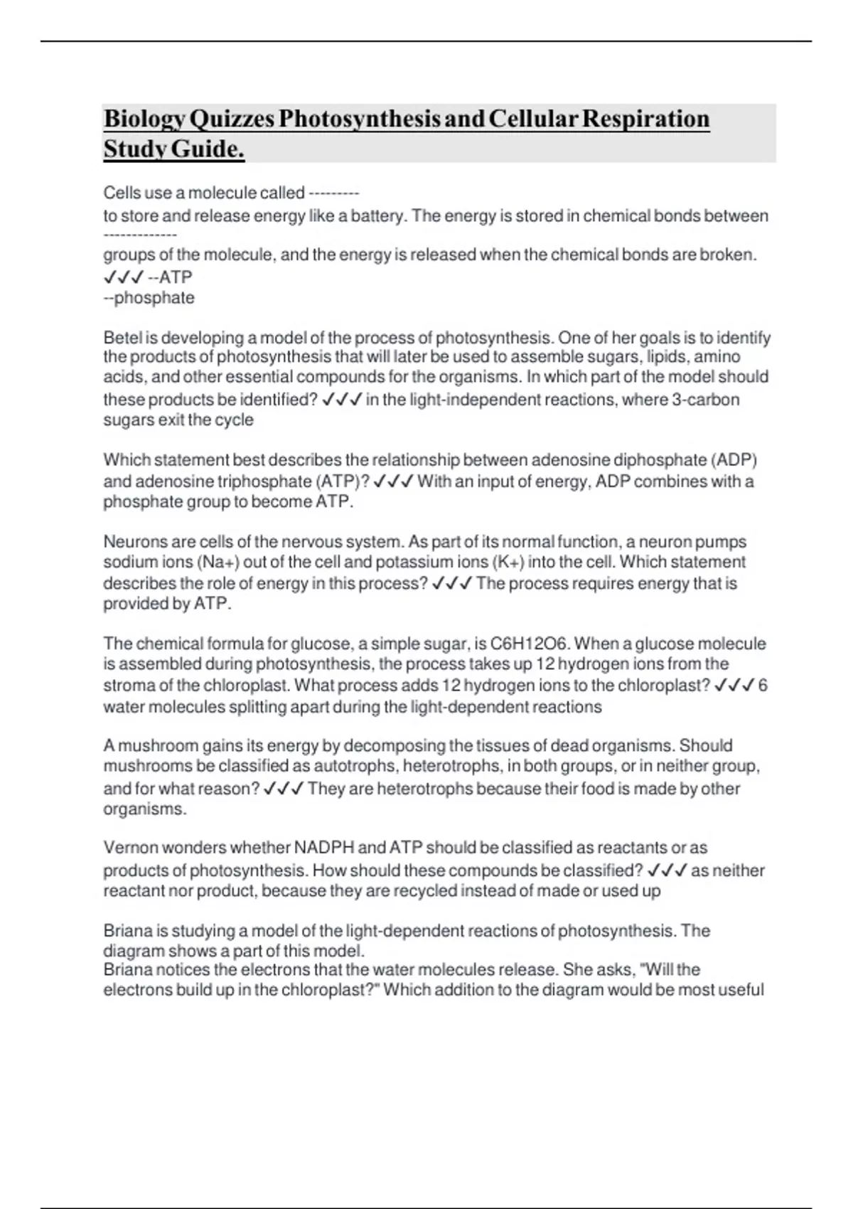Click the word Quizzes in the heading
(x=232, y=119)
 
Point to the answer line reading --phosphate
(x=149, y=297)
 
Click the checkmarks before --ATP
(x=124, y=277)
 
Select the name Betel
(x=122, y=337)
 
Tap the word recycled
(x=425, y=890)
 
